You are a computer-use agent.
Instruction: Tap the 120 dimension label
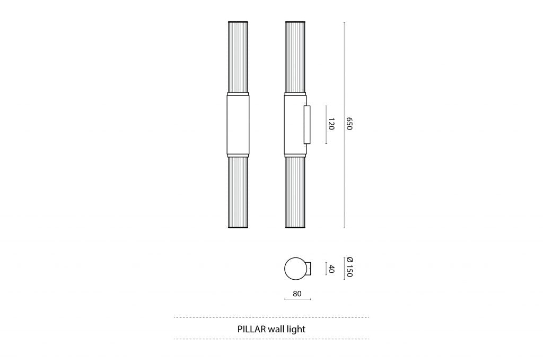pyautogui.click(x=331, y=125)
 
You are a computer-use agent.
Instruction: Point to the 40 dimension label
pyautogui.click(x=332, y=269)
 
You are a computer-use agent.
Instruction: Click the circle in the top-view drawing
pyautogui.click(x=295, y=269)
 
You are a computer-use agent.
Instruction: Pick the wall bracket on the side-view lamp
pyautogui.click(x=306, y=125)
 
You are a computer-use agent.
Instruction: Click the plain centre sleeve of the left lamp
pyautogui.click(x=238, y=125)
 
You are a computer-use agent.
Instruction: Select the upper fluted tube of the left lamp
pyautogui.click(x=238, y=58)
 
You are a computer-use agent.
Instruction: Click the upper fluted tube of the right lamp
pyautogui.click(x=295, y=58)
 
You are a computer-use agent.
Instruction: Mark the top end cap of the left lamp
pyautogui.click(x=238, y=22)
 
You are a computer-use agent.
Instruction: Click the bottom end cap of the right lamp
pyautogui.click(x=295, y=227)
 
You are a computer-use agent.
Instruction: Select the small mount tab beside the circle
pyautogui.click(x=309, y=269)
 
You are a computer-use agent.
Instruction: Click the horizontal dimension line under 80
pyautogui.click(x=297, y=299)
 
